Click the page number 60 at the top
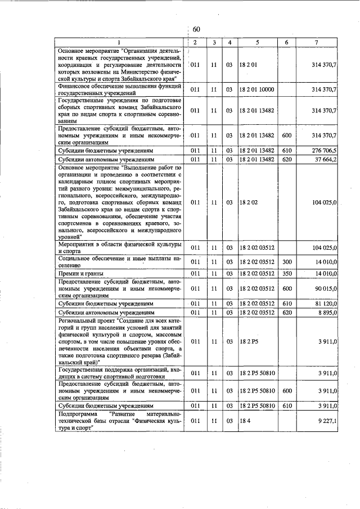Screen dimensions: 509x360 click(x=196, y=29)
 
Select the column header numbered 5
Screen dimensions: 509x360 click(x=257, y=42)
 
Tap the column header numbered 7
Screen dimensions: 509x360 click(x=317, y=42)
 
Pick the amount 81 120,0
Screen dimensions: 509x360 click(x=324, y=303)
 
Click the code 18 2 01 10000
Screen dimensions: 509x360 click(x=256, y=89)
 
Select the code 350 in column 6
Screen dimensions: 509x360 click(x=286, y=273)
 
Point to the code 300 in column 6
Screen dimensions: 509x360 click(x=286, y=261)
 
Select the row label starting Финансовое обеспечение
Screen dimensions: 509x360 click(x=119, y=89)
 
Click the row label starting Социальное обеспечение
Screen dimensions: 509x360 click(x=119, y=261)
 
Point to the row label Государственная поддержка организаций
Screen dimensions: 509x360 click(x=119, y=372)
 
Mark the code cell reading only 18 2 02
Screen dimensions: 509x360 click(x=248, y=201)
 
